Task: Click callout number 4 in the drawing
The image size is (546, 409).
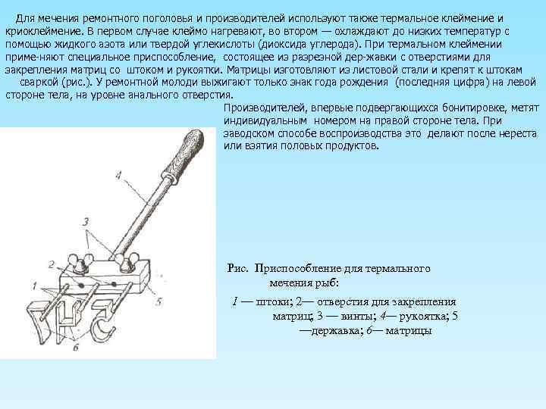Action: pyautogui.click(x=118, y=175)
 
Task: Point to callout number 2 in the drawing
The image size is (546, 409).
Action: pyautogui.click(x=50, y=264)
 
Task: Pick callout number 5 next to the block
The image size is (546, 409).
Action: pyautogui.click(x=158, y=301)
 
